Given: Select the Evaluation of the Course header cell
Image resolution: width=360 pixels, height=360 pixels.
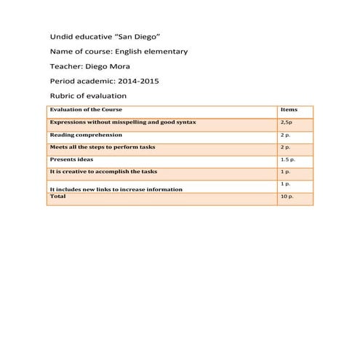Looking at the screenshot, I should tap(81, 110).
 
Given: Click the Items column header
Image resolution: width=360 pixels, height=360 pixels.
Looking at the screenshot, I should tap(289, 110).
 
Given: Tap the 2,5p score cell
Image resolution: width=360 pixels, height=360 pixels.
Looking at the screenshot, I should tap(286, 123).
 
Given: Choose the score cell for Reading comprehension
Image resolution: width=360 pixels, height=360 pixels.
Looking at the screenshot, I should tap(285, 135).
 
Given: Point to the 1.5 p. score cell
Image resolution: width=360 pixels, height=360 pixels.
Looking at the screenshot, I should tap(287, 159).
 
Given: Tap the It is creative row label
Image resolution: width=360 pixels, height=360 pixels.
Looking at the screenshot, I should tap(103, 172).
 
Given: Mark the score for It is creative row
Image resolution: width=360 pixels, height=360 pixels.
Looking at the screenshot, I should tap(285, 172).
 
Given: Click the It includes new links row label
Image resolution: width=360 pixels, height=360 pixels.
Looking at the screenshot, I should tap(116, 189).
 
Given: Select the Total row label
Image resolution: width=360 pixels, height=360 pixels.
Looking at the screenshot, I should tap(57, 196).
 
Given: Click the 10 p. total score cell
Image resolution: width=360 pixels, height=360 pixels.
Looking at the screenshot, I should tap(287, 197).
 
